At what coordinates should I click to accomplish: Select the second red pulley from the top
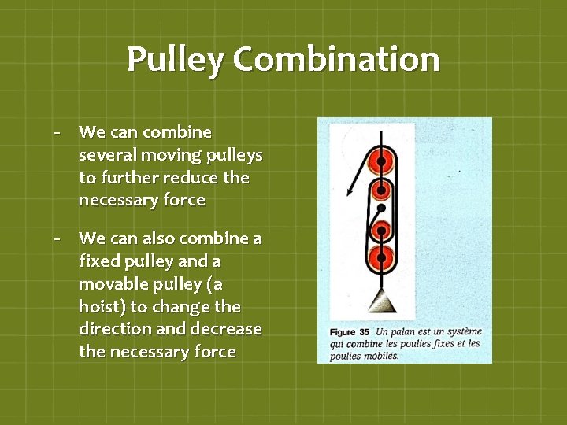click(x=382, y=190)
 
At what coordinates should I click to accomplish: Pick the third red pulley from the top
click(x=382, y=231)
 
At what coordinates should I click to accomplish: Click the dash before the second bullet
click(x=58, y=238)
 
